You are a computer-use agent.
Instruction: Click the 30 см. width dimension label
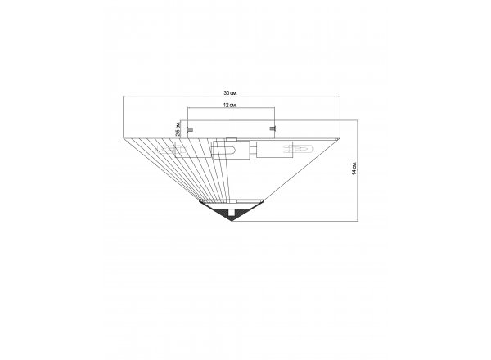point(230,93)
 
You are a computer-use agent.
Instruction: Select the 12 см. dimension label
point(230,106)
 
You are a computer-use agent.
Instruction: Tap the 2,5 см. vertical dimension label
point(178,128)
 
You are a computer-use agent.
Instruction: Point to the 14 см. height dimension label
point(354,169)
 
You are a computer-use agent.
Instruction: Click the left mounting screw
point(190,129)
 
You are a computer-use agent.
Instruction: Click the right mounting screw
point(273,128)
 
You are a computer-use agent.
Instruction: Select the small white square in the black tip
point(232,213)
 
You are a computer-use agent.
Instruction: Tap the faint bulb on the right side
point(299,149)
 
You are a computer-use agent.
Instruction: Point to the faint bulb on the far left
point(172,150)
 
